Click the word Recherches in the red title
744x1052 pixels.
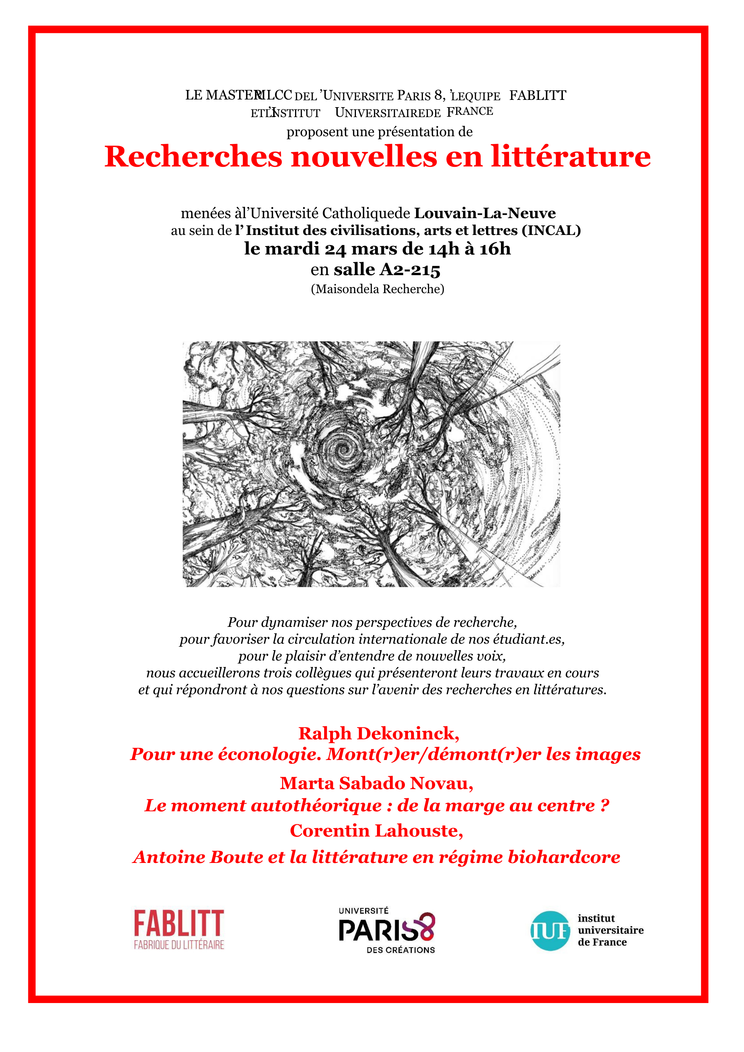point(193,157)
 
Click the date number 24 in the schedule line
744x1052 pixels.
point(335,249)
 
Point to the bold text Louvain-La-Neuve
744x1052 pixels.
point(485,213)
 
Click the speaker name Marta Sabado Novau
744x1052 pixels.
point(376,783)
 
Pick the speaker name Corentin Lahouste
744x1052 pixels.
point(376,830)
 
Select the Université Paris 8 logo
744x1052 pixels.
point(387,930)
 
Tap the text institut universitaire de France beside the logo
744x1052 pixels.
point(610,930)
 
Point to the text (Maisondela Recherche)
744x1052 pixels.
point(377,289)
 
